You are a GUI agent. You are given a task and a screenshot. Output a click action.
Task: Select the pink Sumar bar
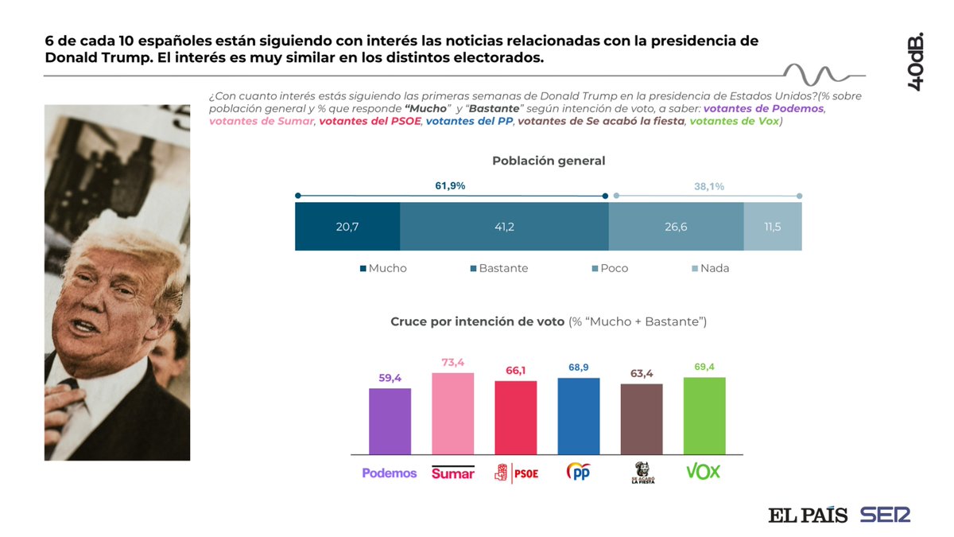tap(452, 413)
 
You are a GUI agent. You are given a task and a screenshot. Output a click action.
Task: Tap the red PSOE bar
tap(516, 417)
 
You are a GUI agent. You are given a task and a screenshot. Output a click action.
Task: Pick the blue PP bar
tap(579, 415)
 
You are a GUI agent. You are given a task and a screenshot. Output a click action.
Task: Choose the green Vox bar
tap(704, 415)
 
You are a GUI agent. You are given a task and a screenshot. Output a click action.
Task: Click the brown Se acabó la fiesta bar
tap(642, 418)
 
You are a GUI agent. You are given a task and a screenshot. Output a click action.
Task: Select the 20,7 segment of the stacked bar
tap(347, 227)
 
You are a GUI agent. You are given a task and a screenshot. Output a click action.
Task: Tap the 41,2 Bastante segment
tap(504, 227)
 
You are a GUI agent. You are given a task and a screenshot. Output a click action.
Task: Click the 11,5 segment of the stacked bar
tap(772, 227)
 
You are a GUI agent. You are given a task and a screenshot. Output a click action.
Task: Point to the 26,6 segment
tap(676, 227)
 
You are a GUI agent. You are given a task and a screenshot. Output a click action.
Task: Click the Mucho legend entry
tap(382, 269)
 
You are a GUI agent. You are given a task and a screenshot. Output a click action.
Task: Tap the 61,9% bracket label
tap(450, 185)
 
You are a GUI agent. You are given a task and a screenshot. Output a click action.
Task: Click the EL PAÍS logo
tap(807, 515)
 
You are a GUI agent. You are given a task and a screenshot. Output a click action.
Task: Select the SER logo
tap(885, 515)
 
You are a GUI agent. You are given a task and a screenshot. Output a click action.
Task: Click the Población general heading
tap(549, 161)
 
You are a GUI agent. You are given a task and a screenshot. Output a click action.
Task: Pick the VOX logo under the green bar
tap(704, 472)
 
